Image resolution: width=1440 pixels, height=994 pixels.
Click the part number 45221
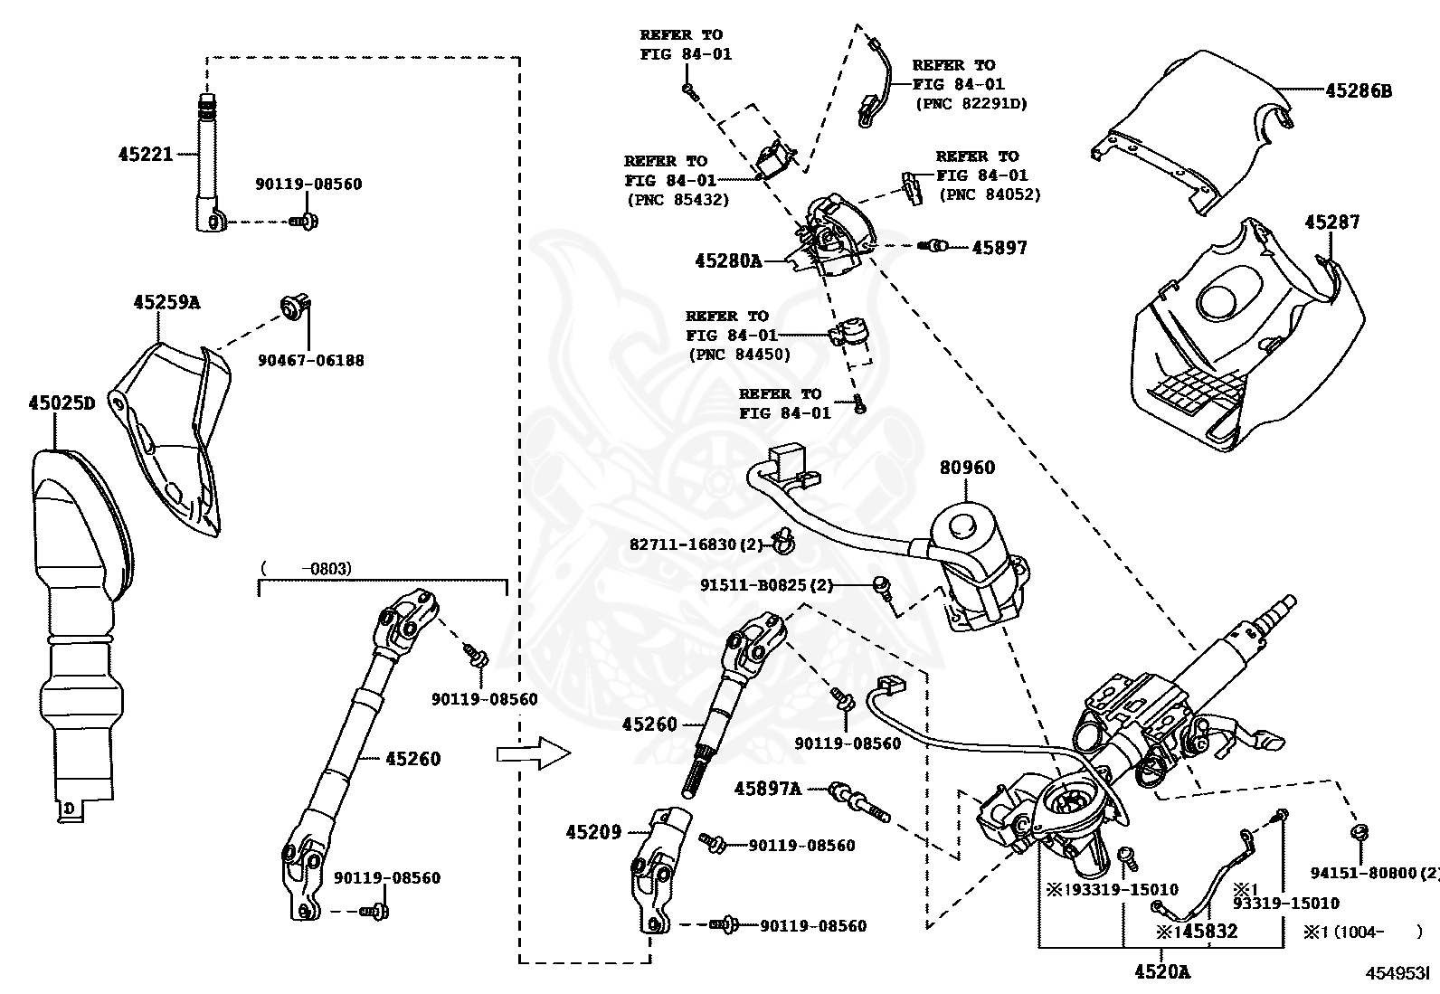[x=145, y=154]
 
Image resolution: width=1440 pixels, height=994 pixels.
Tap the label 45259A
[x=166, y=302]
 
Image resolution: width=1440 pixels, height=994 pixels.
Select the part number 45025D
[x=60, y=402]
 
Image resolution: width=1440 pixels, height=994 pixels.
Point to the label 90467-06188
[x=310, y=360]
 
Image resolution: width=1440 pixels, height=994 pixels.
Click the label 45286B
[x=1359, y=90]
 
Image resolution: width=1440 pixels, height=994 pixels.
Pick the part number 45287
[x=1331, y=222]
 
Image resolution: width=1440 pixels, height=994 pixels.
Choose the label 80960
[x=967, y=468]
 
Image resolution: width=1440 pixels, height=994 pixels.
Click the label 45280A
[x=728, y=260]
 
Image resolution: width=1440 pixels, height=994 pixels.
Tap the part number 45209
[x=593, y=831]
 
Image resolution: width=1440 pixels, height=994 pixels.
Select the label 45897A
[x=767, y=789]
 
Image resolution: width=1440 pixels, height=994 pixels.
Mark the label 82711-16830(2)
[x=696, y=544]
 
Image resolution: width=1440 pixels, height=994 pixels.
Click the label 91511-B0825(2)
[x=766, y=585]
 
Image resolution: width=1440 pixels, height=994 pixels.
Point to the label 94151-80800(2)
[x=1373, y=873]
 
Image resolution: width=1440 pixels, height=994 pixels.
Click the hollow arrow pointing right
[x=534, y=753]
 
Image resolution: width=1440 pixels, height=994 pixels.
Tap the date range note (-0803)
[x=306, y=569]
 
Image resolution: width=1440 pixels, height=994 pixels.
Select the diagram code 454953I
[x=1396, y=973]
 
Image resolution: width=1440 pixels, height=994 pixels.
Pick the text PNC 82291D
[x=971, y=103]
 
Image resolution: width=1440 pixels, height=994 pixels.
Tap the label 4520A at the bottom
[x=1161, y=971]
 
